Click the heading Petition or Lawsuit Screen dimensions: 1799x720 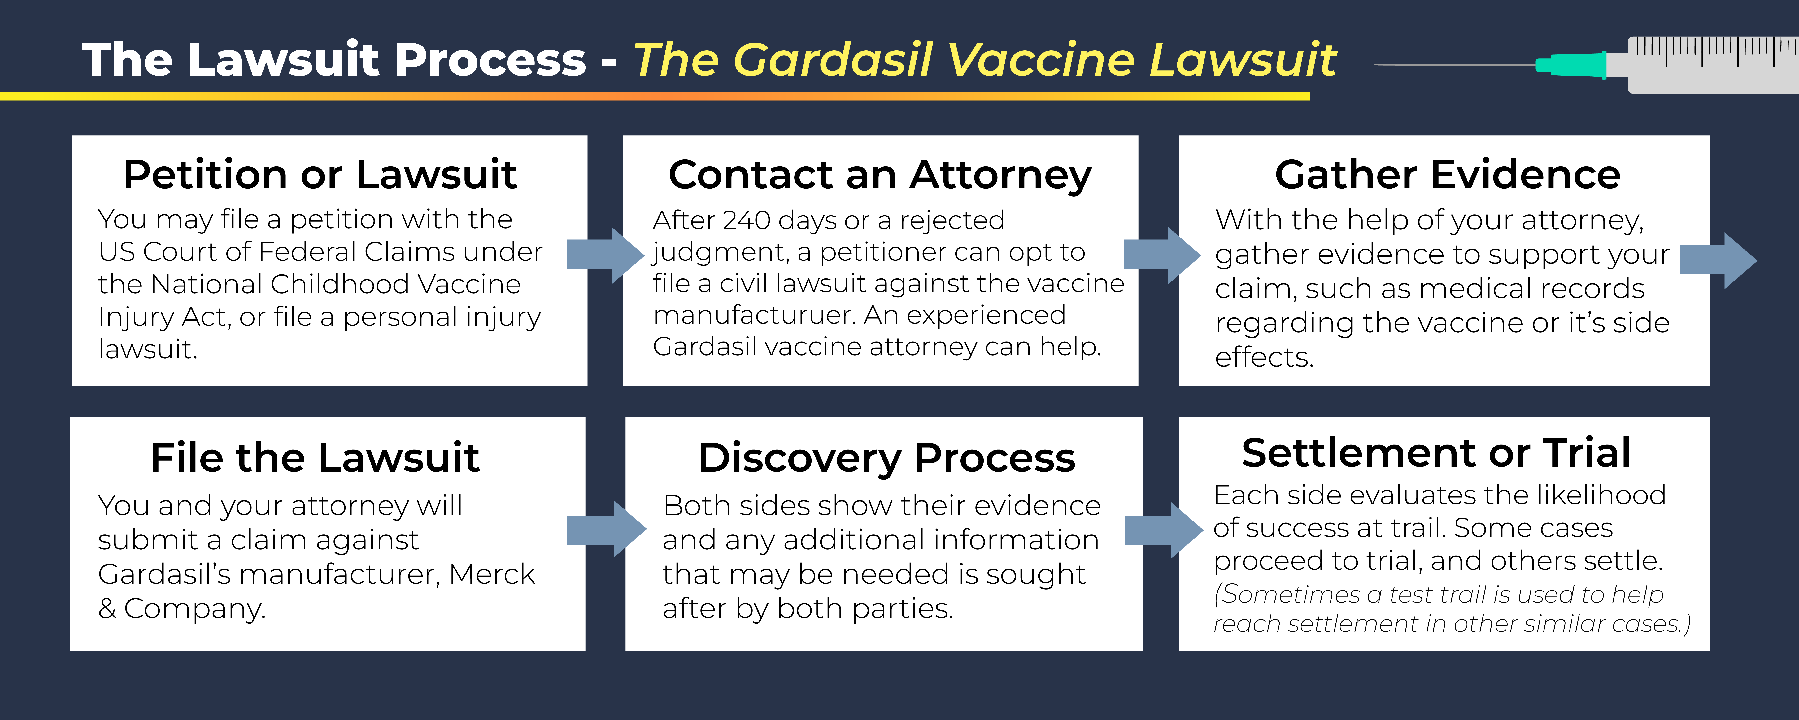tap(320, 175)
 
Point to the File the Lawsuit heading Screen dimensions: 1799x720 tap(315, 458)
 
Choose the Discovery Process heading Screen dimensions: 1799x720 tap(887, 459)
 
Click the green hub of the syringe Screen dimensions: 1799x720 tap(1571, 65)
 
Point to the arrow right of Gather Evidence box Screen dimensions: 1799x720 tap(1718, 260)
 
